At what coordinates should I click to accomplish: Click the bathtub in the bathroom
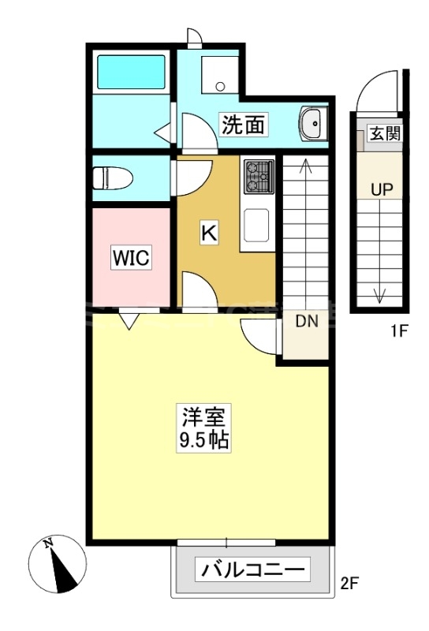(131, 72)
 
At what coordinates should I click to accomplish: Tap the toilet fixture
(113, 178)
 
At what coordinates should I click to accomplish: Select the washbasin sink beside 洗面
(310, 123)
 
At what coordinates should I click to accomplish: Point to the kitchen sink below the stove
(256, 225)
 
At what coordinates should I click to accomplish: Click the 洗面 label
(243, 125)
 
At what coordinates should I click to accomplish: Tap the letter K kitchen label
(209, 233)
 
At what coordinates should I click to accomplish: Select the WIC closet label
(131, 258)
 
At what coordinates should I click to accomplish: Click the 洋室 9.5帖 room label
(203, 428)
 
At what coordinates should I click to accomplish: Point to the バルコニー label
(252, 569)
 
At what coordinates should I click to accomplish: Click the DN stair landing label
(307, 322)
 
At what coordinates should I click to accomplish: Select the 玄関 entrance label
(384, 133)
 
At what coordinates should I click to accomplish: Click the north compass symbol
(57, 564)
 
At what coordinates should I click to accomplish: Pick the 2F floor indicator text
(349, 583)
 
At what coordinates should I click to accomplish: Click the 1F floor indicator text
(399, 332)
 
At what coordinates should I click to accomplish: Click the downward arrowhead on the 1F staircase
(379, 298)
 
